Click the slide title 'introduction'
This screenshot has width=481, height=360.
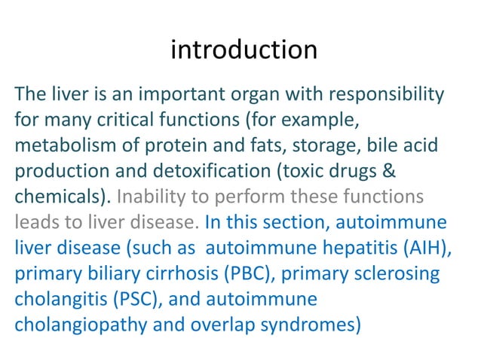click(244, 50)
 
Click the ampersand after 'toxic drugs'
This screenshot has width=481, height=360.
click(393, 170)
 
